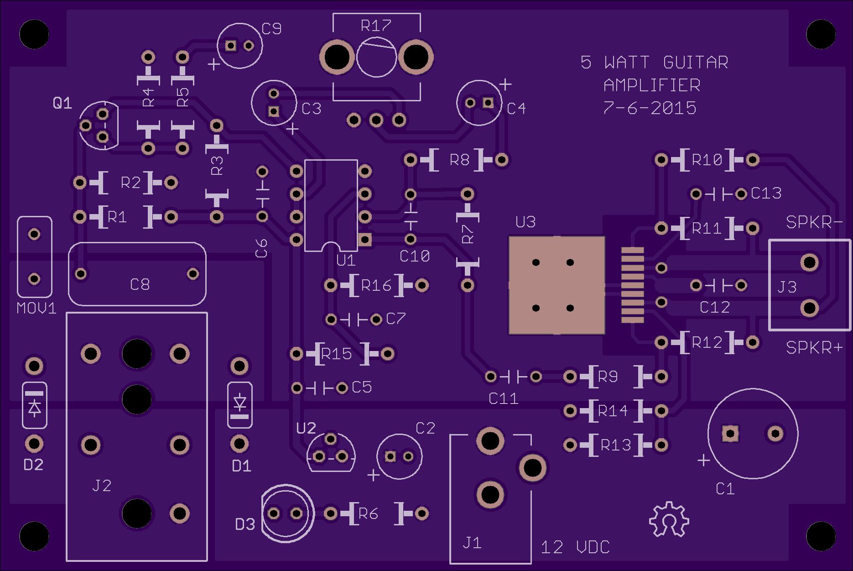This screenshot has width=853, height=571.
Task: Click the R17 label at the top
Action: [376, 26]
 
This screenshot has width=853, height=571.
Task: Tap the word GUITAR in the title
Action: [696, 63]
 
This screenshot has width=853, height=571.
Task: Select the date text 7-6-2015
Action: [650, 108]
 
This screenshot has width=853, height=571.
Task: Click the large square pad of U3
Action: [557, 285]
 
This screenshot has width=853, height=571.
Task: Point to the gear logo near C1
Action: [669, 519]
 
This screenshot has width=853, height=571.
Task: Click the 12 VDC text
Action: [575, 547]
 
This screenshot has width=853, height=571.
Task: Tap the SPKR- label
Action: [814, 222]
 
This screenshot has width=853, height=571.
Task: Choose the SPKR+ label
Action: [814, 348]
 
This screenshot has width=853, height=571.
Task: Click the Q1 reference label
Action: [62, 103]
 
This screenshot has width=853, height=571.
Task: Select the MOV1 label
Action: [36, 309]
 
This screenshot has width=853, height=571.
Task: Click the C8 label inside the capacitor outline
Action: [140, 285]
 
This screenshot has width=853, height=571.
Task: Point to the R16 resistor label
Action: [376, 286]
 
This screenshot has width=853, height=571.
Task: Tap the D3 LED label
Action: [245, 524]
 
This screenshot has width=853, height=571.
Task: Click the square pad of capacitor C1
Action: [730, 434]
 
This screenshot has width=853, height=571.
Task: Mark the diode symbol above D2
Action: [35, 405]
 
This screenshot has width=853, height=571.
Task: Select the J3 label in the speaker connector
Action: [787, 287]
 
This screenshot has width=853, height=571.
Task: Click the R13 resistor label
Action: [616, 445]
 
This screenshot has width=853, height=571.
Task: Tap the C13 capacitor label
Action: [766, 194]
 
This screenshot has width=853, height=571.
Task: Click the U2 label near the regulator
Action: [306, 428]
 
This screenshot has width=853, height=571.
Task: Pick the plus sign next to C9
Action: [214, 64]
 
